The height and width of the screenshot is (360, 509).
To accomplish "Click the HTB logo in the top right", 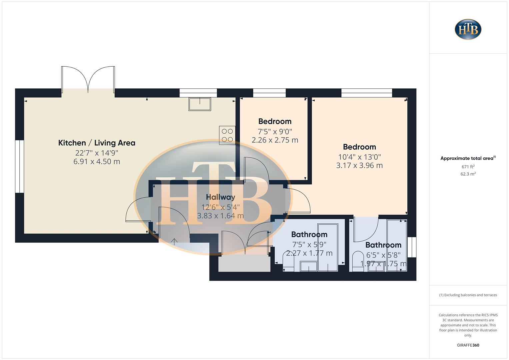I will (468, 29).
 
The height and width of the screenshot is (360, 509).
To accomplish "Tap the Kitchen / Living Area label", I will (97, 143).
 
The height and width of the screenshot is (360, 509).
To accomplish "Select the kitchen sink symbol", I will (200, 104).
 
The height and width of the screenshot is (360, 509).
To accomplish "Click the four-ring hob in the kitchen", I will (227, 135).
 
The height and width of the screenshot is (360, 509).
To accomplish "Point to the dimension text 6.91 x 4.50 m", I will (97, 162).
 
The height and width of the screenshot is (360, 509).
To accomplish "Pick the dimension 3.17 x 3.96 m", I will (359, 165).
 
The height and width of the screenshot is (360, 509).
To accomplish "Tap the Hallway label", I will (220, 197).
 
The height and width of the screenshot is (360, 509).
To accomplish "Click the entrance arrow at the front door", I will (174, 241).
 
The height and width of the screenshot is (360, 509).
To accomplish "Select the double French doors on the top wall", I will (88, 80).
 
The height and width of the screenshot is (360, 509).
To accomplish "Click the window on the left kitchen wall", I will (20, 166).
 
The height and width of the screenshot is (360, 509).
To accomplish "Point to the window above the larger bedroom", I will (367, 93).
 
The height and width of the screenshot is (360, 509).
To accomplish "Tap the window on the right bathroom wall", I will (412, 247).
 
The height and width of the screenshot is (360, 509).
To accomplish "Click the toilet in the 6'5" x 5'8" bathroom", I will (358, 261).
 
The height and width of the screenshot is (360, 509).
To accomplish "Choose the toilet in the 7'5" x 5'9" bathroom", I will (288, 261).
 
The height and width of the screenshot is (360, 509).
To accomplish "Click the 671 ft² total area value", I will (468, 167).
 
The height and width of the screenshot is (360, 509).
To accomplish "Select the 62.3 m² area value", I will (468, 174).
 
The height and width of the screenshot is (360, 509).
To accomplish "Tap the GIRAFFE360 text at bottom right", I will (468, 345).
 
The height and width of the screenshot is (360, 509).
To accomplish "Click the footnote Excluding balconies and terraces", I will (468, 295).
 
